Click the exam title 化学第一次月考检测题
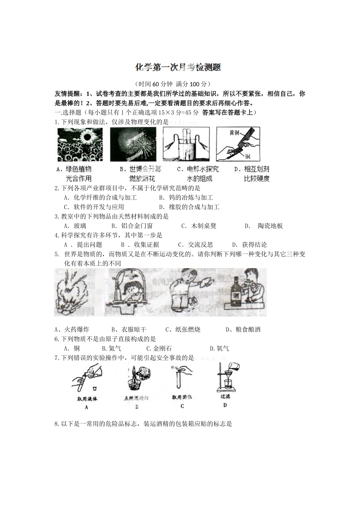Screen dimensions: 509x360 point(178,67)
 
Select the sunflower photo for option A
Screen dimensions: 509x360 point(80,144)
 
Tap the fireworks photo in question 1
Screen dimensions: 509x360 point(133,144)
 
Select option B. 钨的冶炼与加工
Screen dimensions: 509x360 point(186,197)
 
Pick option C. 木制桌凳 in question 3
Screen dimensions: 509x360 point(199,226)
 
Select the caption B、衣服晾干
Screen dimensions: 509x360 point(129,329)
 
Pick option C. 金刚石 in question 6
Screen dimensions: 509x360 point(159,348)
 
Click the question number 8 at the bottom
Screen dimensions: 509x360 point(57,424)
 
